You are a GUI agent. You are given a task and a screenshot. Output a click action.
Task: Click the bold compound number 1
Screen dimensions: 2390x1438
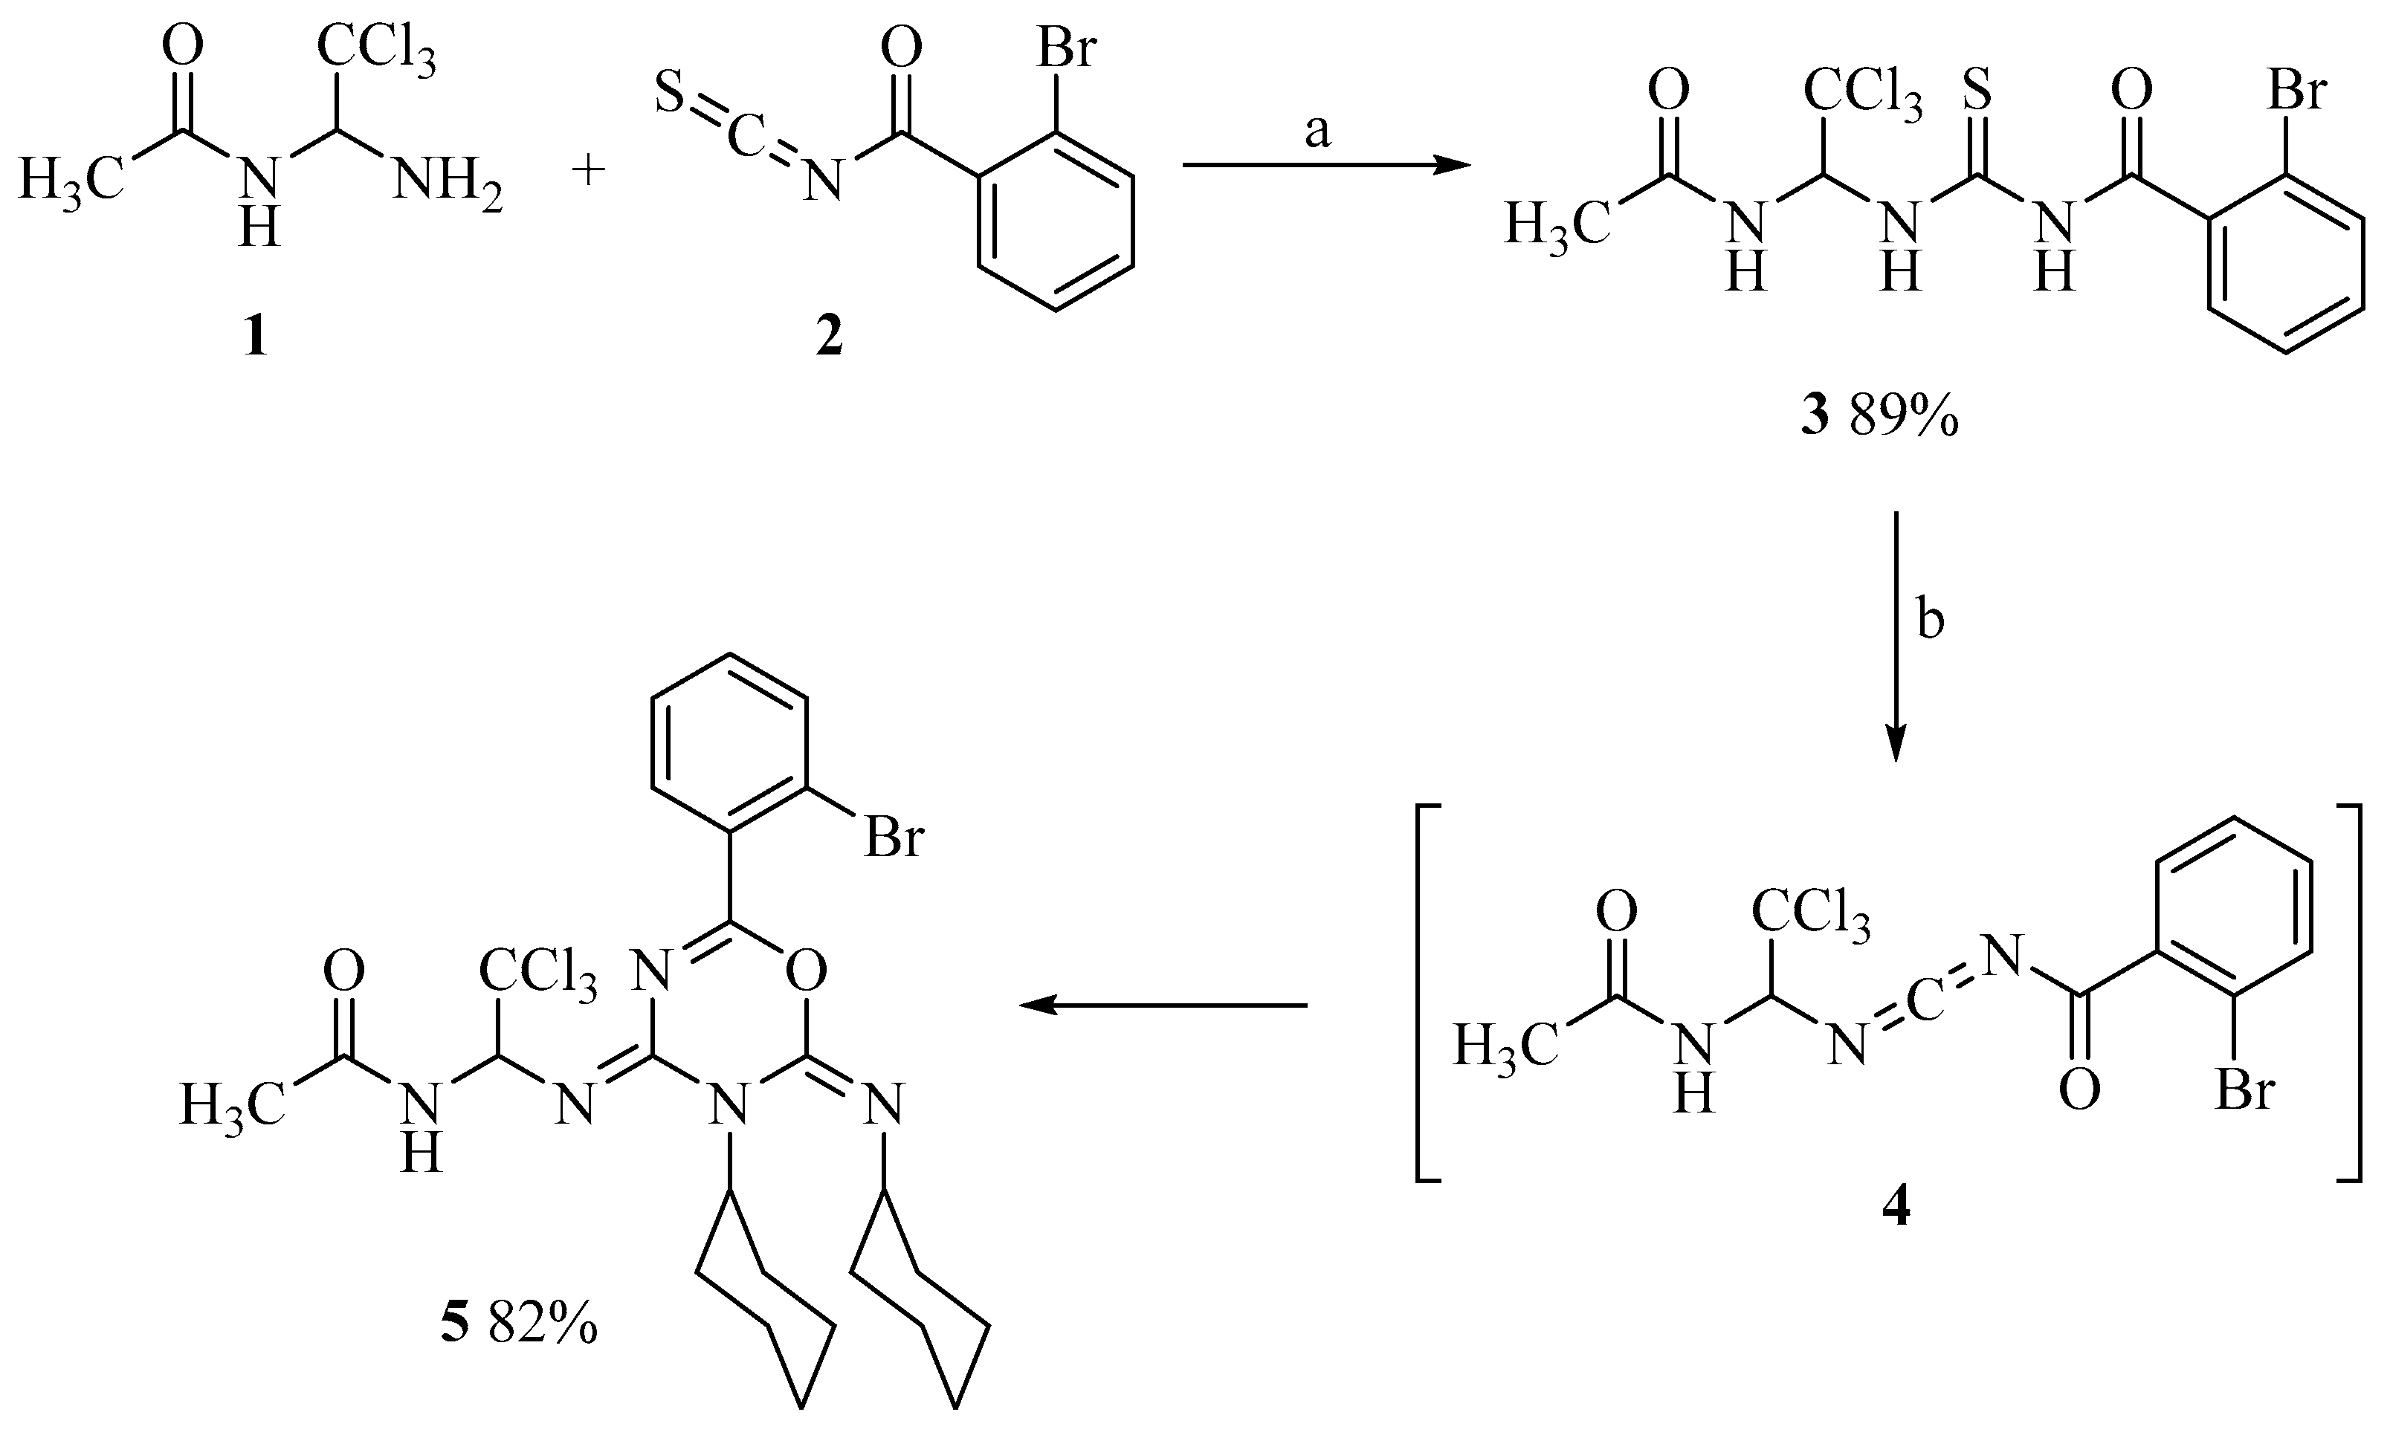tap(256, 338)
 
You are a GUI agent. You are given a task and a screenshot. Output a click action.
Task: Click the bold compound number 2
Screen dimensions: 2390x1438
tap(829, 338)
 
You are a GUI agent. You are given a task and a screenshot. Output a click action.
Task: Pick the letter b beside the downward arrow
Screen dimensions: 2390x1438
tap(1931, 621)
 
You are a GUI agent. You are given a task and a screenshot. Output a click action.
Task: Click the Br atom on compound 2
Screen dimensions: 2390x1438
tap(1066, 48)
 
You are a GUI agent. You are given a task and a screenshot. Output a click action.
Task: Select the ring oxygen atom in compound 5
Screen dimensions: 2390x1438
tap(807, 969)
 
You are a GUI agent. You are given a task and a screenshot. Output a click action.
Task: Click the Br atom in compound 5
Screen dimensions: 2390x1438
tap(894, 838)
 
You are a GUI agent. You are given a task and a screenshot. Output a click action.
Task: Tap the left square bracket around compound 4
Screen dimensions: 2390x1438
tap(1427, 994)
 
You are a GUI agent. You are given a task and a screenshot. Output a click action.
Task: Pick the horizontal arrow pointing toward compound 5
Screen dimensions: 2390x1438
tap(1163, 1005)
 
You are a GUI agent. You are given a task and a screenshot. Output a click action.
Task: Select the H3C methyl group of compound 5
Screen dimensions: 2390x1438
tap(233, 1104)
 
